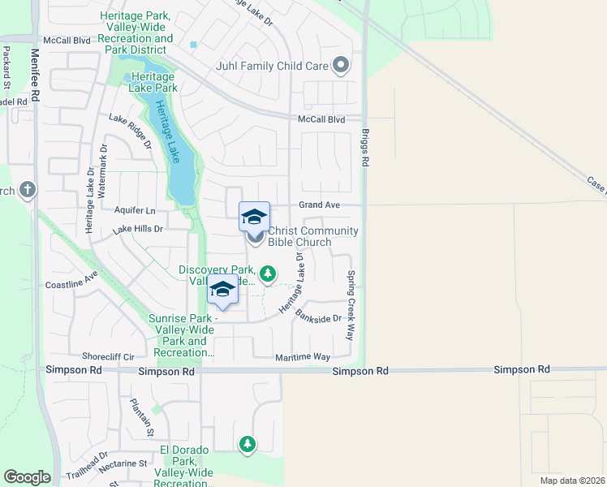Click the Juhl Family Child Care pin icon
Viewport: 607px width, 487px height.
[341, 66]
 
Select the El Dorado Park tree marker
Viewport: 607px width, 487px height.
[247, 444]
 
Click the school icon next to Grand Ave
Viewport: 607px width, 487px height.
[254, 217]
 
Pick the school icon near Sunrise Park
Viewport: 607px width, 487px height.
[222, 290]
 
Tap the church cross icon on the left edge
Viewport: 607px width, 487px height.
[28, 191]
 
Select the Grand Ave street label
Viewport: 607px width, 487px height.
[319, 205]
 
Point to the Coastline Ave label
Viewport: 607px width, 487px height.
[71, 285]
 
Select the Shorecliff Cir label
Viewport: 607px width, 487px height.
[108, 356]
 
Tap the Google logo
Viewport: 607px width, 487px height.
[27, 477]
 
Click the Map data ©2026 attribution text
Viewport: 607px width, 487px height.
[572, 481]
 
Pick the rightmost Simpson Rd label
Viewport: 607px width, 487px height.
[522, 369]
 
